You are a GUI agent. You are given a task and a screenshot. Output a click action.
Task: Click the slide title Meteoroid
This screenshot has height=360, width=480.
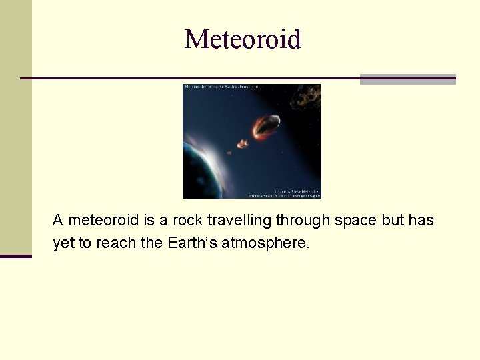243,39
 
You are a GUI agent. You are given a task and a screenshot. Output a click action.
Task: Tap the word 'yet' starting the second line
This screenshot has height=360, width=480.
63,243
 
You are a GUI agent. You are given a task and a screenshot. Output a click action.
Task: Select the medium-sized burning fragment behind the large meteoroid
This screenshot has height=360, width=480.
243,143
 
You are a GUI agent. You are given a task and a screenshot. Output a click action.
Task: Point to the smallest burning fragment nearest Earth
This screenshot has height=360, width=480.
229,153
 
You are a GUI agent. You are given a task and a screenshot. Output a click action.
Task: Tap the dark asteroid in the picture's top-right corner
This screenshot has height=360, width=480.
308,97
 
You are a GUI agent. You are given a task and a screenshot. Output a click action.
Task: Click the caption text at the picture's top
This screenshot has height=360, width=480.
221,87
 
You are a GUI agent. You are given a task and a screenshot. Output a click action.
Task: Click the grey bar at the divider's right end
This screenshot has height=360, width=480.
407,79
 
